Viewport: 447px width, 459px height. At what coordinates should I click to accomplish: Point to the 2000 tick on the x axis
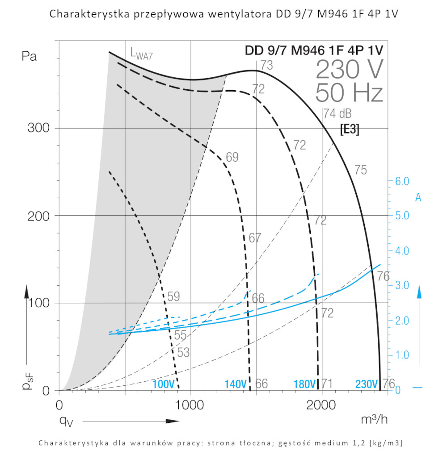322,405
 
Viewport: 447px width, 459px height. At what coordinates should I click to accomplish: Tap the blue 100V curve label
163,384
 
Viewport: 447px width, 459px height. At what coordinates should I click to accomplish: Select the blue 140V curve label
235,384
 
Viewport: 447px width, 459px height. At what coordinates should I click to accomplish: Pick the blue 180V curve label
305,384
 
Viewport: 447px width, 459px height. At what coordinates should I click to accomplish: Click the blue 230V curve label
367,384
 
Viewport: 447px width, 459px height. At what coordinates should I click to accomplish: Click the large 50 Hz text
349,93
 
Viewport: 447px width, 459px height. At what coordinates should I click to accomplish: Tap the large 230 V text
349,69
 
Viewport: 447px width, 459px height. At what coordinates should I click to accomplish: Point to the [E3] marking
350,129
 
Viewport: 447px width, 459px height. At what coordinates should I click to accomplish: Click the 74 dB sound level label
337,113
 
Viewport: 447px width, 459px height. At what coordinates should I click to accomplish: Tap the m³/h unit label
374,419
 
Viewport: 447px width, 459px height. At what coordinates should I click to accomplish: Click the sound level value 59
173,296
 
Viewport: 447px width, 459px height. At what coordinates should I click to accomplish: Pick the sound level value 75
361,170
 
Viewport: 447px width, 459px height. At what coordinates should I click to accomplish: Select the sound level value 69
232,157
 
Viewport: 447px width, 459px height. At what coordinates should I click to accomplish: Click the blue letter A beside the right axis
418,197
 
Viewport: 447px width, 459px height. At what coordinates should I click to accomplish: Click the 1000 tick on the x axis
191,405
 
